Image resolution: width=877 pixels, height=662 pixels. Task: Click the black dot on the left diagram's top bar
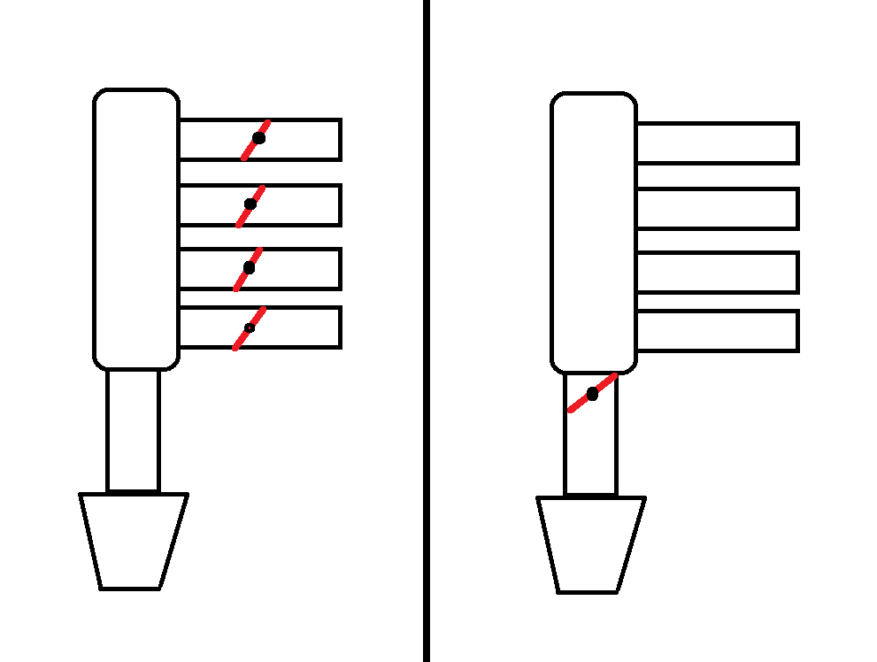point(258,138)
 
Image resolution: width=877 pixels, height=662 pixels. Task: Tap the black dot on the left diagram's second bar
point(250,204)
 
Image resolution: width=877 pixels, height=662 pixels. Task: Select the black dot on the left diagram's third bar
point(249,266)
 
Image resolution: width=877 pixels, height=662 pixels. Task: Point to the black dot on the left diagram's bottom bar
point(250,328)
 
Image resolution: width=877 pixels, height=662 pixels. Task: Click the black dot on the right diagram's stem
point(592,394)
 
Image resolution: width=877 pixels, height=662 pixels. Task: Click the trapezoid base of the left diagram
point(133,540)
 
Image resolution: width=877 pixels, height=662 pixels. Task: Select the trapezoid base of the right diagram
point(590,543)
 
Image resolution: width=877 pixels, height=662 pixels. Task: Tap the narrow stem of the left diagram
point(134,430)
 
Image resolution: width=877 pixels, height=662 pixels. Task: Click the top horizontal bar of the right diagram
point(717,143)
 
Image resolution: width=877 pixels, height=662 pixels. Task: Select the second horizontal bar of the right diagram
point(717,209)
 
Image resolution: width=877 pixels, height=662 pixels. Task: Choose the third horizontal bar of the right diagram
point(717,273)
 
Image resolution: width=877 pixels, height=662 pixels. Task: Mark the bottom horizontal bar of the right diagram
point(717,330)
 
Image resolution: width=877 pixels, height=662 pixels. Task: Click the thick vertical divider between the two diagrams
point(427,331)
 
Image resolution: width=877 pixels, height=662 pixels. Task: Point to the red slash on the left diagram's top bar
point(249,150)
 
